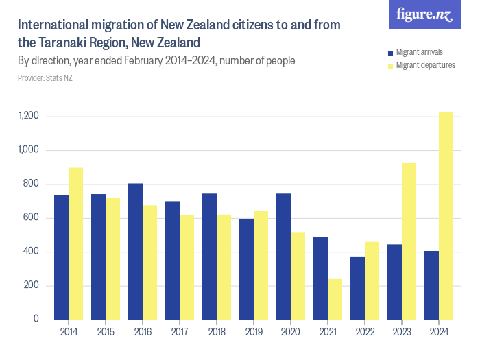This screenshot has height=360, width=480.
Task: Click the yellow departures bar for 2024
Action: [446, 215]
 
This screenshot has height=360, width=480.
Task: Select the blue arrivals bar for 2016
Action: [135, 251]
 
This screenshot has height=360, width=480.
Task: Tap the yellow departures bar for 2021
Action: [335, 299]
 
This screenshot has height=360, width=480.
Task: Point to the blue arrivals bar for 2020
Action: [283, 256]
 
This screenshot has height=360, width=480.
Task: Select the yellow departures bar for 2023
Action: [409, 241]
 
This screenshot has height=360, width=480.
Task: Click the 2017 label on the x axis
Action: [180, 332]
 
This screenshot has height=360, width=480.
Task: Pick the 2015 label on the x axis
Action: [106, 332]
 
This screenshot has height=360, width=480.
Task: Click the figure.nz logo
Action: [424, 15]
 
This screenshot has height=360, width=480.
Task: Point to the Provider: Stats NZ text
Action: [45, 78]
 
